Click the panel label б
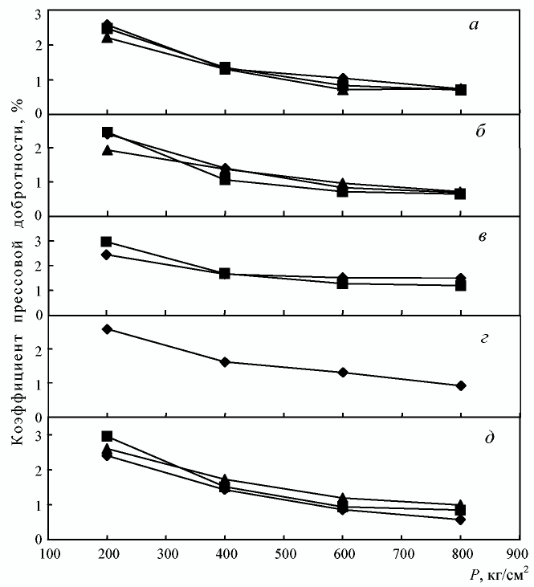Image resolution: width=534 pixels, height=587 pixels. pos(479,132)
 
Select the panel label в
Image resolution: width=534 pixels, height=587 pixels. pos(479,237)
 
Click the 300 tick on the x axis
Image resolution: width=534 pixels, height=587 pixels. pos(165,553)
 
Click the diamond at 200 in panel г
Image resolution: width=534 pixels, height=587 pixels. pos(107,329)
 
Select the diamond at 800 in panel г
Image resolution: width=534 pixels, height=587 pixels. pos(460,385)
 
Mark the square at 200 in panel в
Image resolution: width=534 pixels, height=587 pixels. pos(107,242)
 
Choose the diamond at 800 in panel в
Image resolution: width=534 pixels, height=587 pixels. pos(460,279)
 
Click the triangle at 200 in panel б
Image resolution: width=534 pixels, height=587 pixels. pos(107,150)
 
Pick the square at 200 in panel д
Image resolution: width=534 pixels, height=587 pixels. pos(107,436)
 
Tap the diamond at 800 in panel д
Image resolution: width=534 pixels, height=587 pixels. pos(460,520)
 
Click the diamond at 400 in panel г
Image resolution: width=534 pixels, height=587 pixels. pos(225,362)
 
